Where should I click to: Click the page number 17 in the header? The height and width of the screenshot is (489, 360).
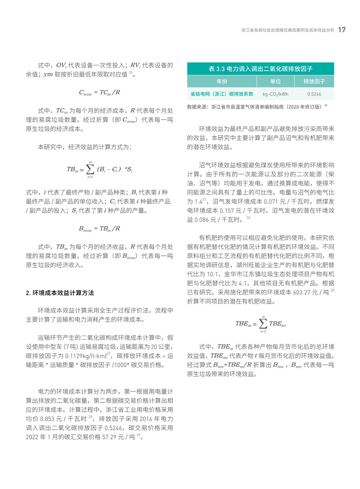341,29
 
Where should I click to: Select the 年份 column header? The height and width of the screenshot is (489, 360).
222,82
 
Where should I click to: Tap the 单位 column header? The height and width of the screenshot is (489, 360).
276,82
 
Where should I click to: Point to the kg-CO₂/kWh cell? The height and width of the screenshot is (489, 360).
276,94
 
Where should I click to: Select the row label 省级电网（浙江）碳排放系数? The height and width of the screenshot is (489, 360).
222,94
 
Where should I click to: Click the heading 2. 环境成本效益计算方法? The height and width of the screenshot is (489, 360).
60,292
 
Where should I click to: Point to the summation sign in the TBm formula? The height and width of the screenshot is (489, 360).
90,168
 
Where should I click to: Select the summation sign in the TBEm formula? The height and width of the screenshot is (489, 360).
263,323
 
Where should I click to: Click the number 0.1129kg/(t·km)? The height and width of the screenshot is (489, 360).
81,356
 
